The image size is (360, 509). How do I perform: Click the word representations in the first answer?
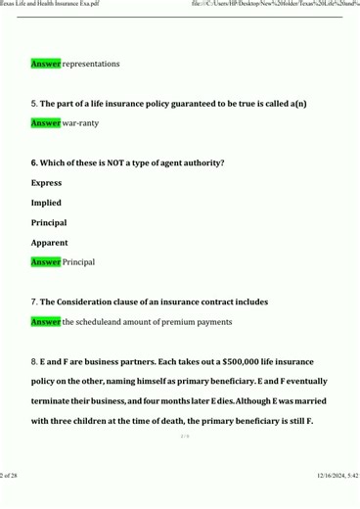pos(91,64)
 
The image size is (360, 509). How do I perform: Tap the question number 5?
pos(34,103)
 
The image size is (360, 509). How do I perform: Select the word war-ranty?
pos(81,123)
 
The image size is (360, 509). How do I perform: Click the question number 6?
pos(34,162)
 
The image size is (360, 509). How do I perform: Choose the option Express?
pos(46,183)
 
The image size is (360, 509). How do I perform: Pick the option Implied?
pos(46,203)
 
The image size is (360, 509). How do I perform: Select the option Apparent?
pos(49,243)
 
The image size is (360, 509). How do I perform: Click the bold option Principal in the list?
pos(49,223)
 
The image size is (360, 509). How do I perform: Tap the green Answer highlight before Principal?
pos(46,262)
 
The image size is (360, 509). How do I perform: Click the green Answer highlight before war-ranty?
pos(46,123)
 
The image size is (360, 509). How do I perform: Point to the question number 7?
pos(34,301)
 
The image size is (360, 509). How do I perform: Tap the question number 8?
pos(34,362)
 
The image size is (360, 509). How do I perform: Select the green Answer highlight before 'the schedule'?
pos(46,322)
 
